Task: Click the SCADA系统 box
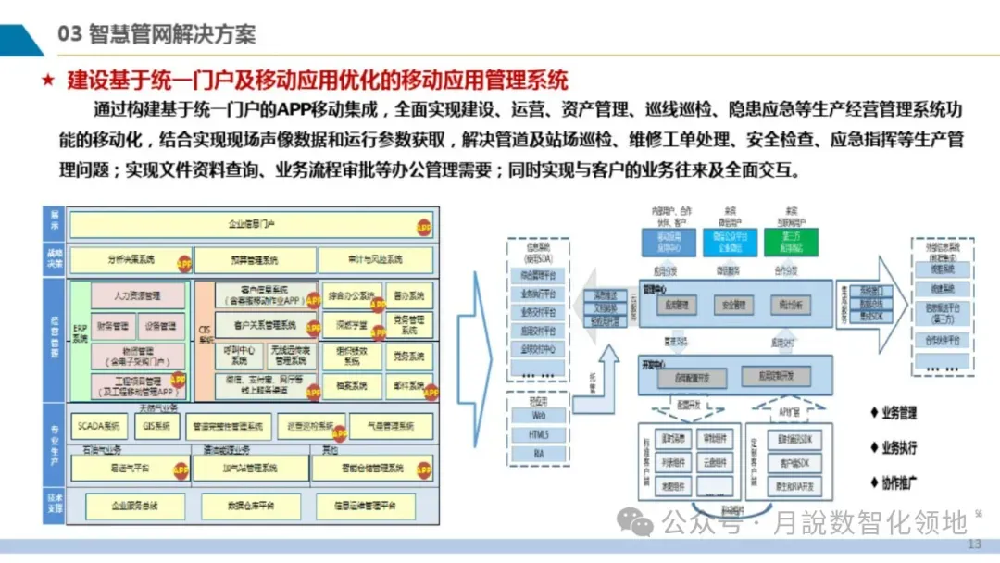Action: pyautogui.click(x=100, y=426)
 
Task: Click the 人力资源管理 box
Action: pyautogui.click(x=136, y=296)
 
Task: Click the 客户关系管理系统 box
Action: pyautogui.click(x=266, y=326)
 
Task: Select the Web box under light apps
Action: pyautogui.click(x=538, y=416)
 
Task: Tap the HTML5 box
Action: pyautogui.click(x=538, y=434)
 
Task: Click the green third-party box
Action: pyautogui.click(x=790, y=243)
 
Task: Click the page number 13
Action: pyautogui.click(x=974, y=544)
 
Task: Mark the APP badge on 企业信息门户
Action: pyautogui.click(x=423, y=226)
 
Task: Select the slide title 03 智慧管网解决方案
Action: pyautogui.click(x=156, y=34)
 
